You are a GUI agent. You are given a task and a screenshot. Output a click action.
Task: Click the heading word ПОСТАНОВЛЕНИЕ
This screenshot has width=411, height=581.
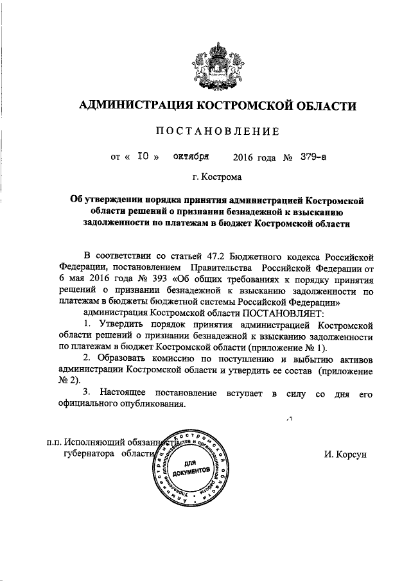tap(218, 132)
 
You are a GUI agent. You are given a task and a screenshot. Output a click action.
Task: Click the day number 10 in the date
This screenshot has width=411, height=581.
tap(144, 156)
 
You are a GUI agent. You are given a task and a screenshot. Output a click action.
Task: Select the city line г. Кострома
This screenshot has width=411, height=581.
tap(218, 176)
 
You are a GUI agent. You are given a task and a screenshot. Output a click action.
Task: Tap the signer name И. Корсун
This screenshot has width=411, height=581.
tap(345, 454)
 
